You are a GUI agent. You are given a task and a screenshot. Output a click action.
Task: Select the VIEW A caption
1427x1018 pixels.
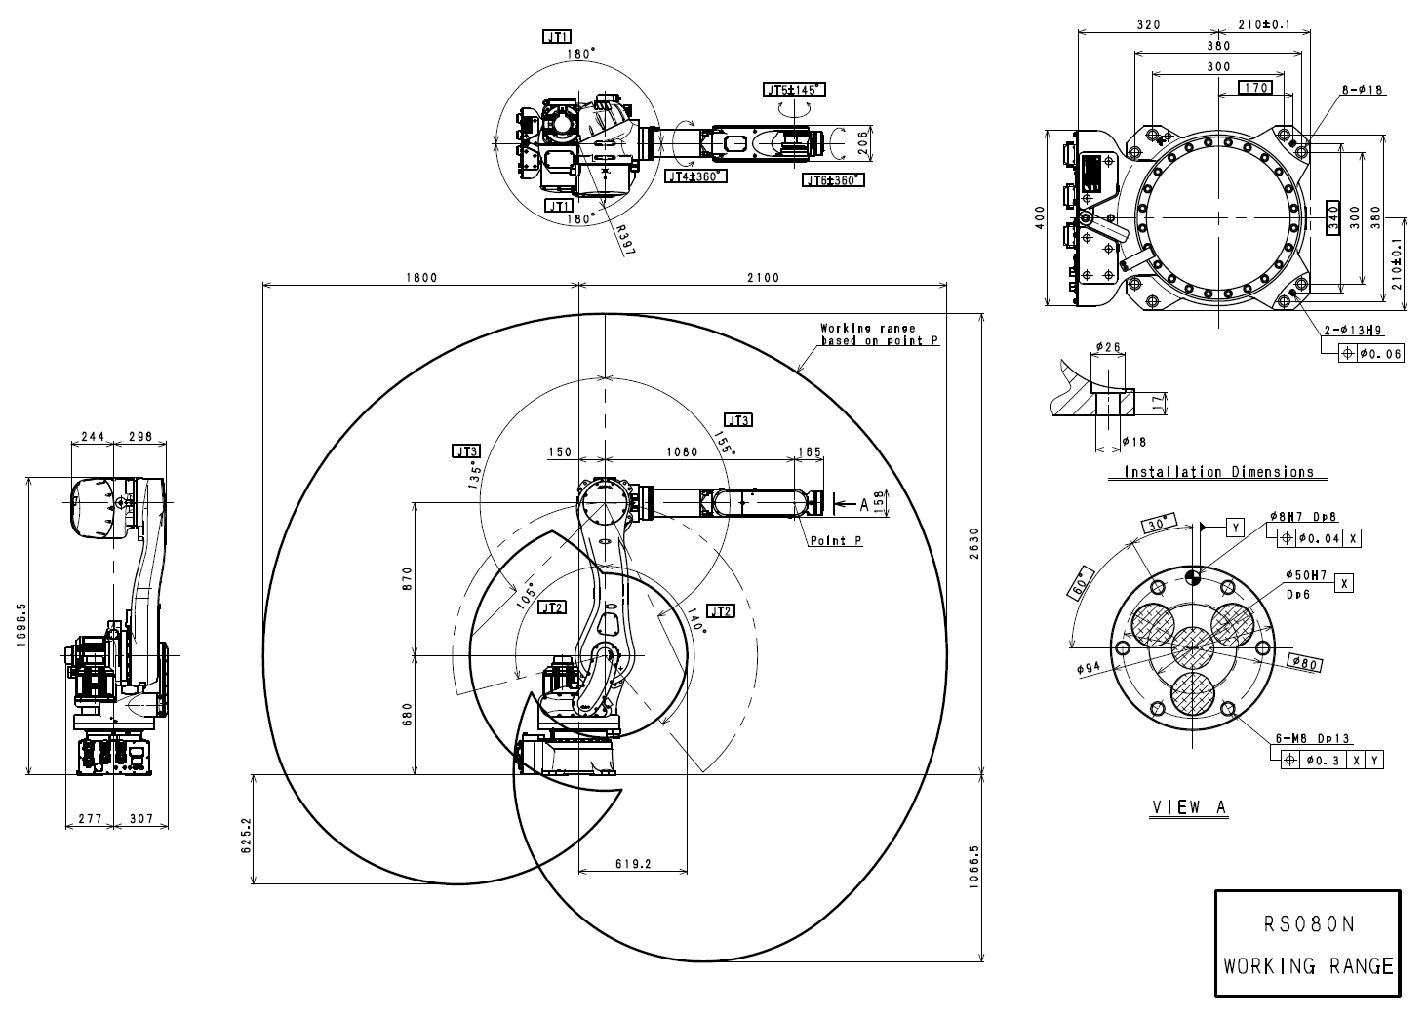pos(1189,807)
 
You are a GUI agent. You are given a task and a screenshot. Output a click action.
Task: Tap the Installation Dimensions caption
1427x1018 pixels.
pos(1219,472)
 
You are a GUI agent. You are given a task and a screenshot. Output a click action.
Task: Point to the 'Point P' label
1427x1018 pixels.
pos(835,539)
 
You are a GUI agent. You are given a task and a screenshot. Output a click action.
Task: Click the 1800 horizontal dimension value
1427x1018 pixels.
pos(421,277)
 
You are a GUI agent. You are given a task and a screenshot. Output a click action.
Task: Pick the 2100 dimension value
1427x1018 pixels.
pos(763,277)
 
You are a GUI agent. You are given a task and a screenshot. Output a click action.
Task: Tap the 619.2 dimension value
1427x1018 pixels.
pos(633,863)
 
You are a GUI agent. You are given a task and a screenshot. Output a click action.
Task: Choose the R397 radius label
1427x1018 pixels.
pos(625,237)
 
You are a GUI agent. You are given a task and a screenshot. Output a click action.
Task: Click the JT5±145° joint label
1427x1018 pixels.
pos(794,90)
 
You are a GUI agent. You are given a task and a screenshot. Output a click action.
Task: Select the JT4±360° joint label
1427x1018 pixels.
pos(694,176)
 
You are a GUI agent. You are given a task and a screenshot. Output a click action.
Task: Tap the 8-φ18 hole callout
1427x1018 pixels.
pos(1363,90)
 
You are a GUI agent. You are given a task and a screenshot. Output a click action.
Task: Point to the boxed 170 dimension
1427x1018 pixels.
pos(1256,88)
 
